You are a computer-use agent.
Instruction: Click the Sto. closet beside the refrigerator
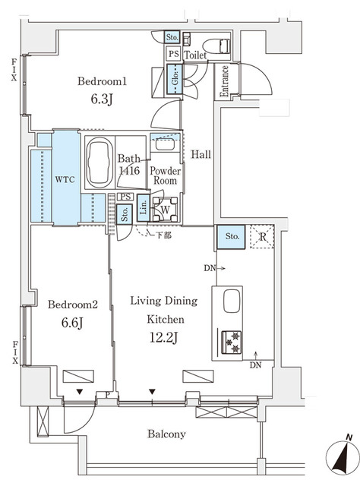[232, 237]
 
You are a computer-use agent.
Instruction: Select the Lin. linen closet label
[144, 209]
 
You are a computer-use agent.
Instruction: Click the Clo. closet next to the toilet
[173, 80]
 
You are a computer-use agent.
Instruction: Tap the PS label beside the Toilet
[173, 54]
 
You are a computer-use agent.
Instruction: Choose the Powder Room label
[164, 175]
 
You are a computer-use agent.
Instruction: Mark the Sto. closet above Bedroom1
[173, 36]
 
